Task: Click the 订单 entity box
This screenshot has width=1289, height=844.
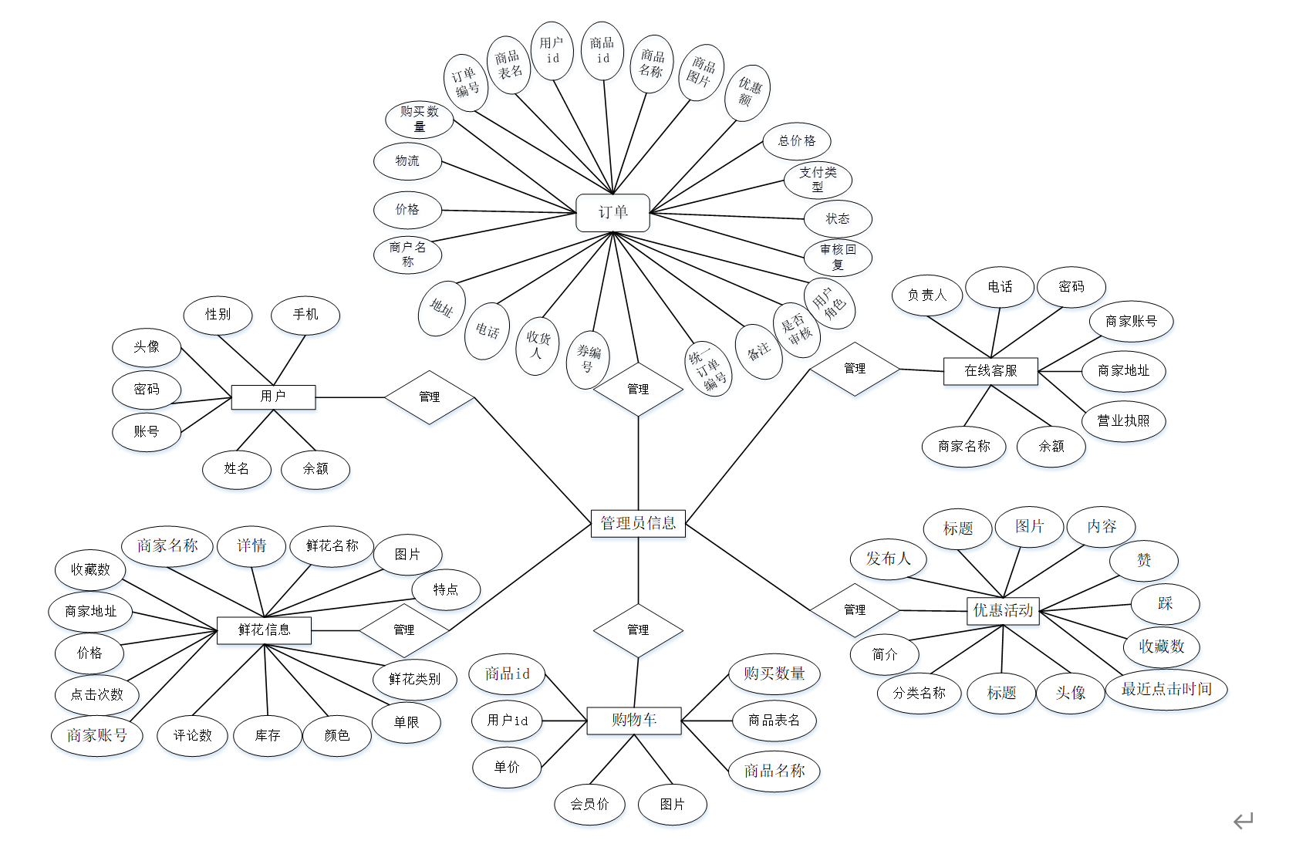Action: (612, 212)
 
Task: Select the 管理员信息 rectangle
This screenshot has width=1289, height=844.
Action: (638, 523)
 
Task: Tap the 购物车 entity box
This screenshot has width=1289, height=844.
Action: (634, 721)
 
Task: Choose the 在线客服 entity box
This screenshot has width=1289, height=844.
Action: (990, 371)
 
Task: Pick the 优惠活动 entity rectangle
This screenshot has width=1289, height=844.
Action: (1003, 610)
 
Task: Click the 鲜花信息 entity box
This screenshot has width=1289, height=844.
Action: (264, 630)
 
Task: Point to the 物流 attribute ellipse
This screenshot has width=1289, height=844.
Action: (407, 161)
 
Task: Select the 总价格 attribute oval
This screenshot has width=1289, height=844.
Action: (797, 141)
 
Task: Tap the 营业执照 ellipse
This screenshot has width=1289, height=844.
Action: (1123, 421)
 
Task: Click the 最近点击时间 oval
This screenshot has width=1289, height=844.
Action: (1166, 689)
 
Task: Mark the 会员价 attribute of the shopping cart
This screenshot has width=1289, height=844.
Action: (589, 805)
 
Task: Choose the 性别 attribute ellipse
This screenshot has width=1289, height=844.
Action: (218, 315)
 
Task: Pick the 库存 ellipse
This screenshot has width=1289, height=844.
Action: (268, 736)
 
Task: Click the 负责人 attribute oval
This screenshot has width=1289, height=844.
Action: (926, 295)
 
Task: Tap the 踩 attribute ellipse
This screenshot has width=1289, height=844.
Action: (1165, 604)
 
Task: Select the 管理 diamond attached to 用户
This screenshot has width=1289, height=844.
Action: (430, 397)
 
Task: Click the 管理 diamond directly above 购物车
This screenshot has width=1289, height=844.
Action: (638, 630)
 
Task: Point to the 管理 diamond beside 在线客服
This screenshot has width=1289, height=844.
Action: (855, 369)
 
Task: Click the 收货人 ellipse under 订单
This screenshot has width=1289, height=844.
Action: (538, 345)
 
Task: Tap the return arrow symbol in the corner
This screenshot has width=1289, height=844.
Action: (1243, 821)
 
